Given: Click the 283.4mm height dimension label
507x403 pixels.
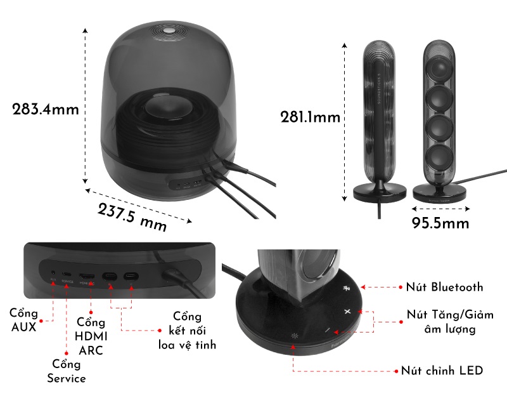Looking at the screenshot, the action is (x=46, y=109).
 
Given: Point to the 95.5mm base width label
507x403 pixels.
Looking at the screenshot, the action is (x=440, y=223).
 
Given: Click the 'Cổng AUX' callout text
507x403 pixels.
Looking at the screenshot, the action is (x=23, y=320).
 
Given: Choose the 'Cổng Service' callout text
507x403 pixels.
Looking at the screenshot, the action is (x=67, y=371).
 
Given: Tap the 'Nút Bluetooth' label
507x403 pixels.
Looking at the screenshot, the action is (x=444, y=287).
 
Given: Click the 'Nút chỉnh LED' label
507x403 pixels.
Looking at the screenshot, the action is (x=442, y=370).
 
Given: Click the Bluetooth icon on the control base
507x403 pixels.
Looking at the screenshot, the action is (x=346, y=289).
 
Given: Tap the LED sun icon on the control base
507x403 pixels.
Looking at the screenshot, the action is (x=294, y=336).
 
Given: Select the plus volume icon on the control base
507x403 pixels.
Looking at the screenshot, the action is (x=347, y=312).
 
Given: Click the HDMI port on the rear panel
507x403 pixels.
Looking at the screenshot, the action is (x=87, y=277).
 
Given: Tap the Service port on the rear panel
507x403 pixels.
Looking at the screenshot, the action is (x=67, y=276).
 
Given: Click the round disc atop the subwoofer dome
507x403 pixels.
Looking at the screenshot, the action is (x=170, y=30).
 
